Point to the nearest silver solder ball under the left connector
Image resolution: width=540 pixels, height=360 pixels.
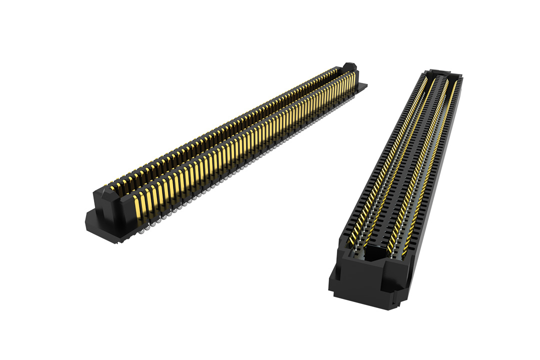(x=142, y=231)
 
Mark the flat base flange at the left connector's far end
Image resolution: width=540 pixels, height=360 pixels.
(x=363, y=85)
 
